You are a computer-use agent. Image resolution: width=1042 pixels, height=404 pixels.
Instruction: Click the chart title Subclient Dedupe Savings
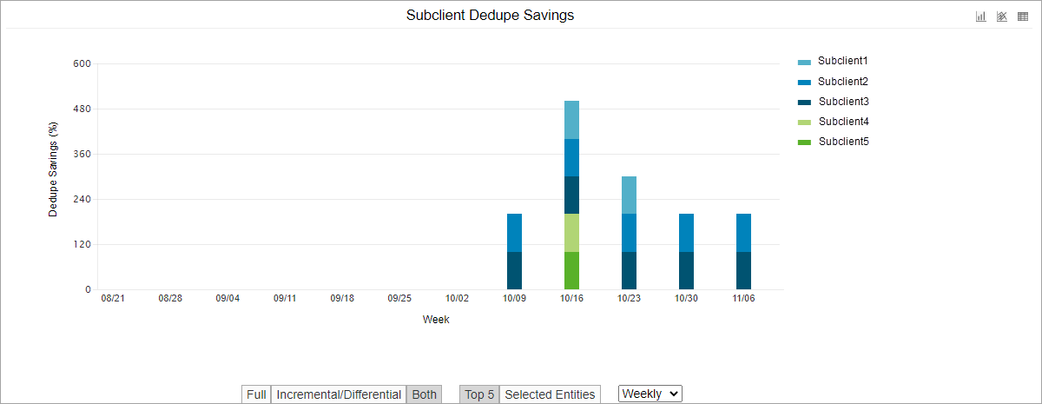490,16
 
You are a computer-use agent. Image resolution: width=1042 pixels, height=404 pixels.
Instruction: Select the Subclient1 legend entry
842,62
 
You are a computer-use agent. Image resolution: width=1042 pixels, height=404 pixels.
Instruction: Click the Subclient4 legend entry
842,122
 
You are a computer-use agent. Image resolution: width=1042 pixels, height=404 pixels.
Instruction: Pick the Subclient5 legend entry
842,142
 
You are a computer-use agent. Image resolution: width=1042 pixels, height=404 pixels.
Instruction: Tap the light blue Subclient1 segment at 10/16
571,120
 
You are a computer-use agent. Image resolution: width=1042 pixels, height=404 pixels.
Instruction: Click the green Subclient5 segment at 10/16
571,270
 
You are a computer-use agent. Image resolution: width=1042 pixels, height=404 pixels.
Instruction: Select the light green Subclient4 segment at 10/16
571,233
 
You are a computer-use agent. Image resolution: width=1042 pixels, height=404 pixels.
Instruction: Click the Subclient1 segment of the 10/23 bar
629,195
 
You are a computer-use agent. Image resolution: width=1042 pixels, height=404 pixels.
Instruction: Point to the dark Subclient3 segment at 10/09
514,270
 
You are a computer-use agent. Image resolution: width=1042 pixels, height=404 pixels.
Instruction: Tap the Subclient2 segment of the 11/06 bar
743,233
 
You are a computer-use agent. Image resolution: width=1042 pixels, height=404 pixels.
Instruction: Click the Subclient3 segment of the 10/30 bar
686,270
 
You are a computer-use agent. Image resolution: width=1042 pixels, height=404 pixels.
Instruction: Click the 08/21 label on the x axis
113,298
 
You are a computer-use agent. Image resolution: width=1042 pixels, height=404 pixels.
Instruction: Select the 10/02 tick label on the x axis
457,298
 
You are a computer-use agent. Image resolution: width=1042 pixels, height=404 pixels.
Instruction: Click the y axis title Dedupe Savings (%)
53,169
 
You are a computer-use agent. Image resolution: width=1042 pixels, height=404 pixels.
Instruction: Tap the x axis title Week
436,320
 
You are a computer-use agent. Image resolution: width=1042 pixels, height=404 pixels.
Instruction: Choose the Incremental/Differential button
339,394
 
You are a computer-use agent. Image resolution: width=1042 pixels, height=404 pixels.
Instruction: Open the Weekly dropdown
650,394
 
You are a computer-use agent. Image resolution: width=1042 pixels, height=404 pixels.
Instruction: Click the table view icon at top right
1023,17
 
